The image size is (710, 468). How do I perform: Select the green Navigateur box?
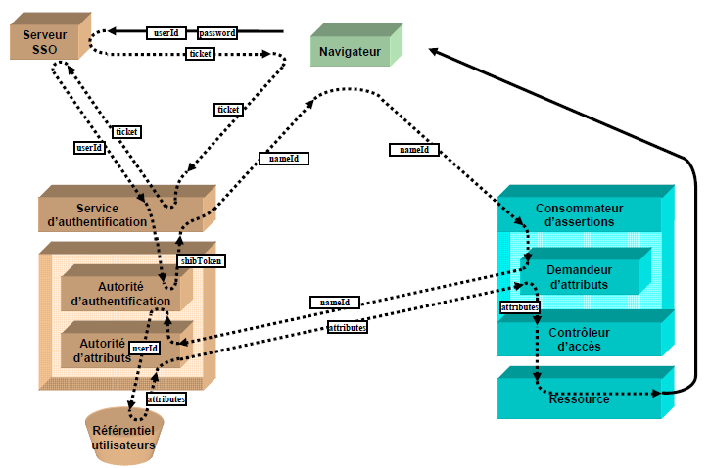tap(350, 50)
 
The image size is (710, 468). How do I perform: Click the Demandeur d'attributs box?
tap(578, 276)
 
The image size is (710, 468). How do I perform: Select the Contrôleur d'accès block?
tap(578, 338)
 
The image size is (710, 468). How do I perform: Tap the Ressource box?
tap(578, 398)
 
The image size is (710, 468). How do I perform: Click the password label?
tap(217, 32)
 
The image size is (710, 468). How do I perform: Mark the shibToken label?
tap(202, 261)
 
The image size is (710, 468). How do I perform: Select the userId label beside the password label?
tap(166, 32)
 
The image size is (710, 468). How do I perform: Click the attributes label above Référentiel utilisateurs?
tap(166, 398)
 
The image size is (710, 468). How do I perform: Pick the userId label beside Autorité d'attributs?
tap(145, 348)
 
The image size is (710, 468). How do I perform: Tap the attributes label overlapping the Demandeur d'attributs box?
tap(519, 307)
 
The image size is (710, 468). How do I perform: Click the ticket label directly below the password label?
tap(200, 54)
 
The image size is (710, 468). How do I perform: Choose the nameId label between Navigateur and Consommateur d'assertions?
tap(413, 150)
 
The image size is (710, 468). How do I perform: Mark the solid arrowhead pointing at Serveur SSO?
tap(112, 31)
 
